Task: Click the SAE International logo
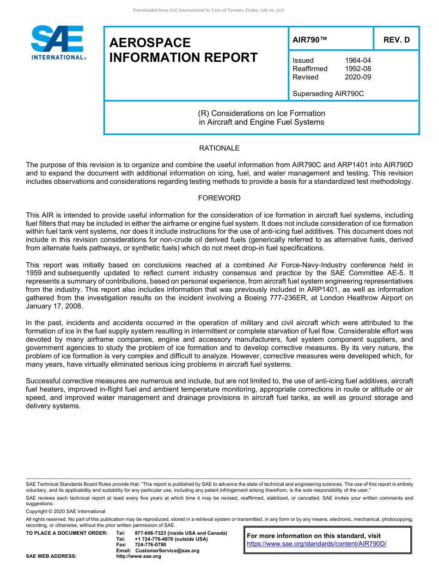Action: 58,43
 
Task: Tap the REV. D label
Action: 396,40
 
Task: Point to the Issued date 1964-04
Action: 358,60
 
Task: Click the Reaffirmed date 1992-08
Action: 358,69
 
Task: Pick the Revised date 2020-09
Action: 358,77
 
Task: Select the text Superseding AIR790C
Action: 328,94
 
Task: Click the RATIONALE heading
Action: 219,148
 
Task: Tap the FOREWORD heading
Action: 219,198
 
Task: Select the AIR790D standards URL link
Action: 317,544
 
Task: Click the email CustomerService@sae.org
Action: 167,550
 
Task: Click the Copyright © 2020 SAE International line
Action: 66,511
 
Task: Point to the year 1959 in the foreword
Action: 35,273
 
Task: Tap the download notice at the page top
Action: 208,10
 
